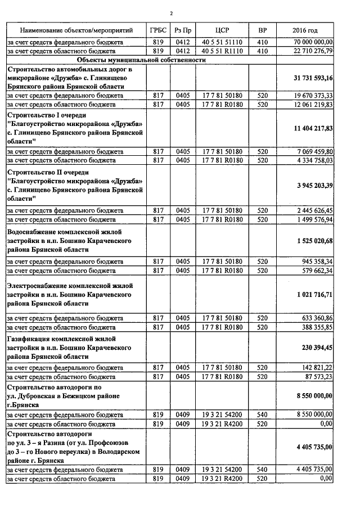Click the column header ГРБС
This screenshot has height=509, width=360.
pyautogui.click(x=157, y=30)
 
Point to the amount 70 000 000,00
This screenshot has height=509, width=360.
pyautogui.click(x=313, y=42)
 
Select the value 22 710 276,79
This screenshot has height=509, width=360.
pyautogui.click(x=313, y=51)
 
